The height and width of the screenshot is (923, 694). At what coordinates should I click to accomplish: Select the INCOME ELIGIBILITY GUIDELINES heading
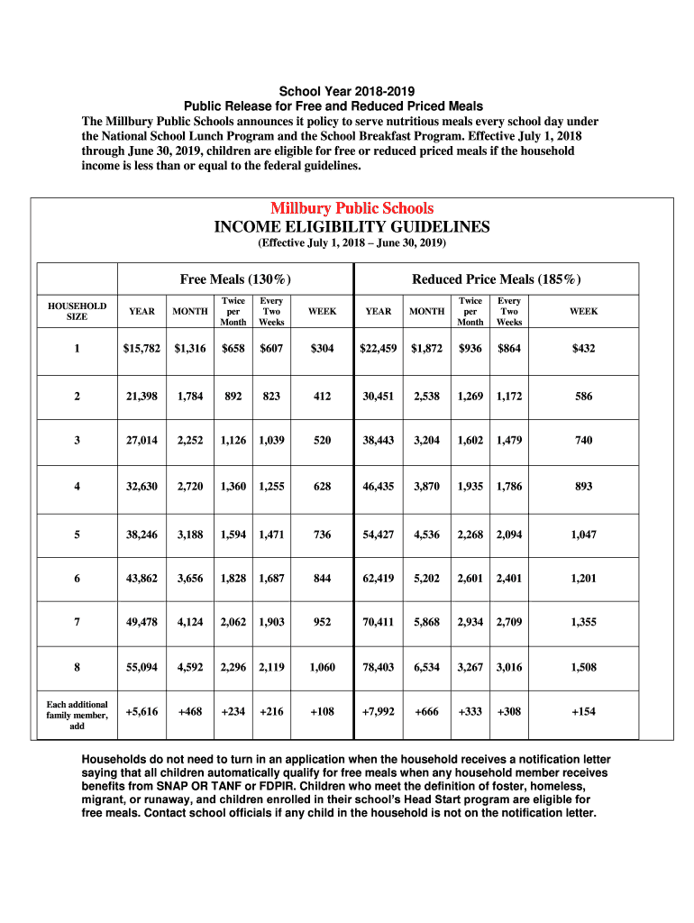pos(352,226)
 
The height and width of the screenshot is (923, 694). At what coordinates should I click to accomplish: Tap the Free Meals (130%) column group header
pos(235,279)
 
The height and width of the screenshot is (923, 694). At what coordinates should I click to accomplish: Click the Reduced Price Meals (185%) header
pos(497,279)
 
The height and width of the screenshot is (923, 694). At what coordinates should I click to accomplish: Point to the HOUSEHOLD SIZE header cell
pos(77,311)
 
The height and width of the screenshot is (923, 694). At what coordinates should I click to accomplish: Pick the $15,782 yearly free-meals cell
pos(142,348)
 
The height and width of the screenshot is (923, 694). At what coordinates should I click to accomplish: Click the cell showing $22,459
pos(379,348)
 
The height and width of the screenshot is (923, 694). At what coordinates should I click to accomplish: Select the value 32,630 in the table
pos(142,486)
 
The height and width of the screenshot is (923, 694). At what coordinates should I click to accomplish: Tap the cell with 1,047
pos(583,535)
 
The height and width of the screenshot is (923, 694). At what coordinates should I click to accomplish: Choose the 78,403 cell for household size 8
pos(379,668)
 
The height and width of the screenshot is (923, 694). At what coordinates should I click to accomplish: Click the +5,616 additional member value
pos(142,711)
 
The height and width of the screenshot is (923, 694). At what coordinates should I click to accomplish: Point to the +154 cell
pos(583,711)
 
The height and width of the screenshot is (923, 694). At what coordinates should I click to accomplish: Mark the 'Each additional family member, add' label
pos(77,715)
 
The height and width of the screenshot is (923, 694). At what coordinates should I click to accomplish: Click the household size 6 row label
pos(77,579)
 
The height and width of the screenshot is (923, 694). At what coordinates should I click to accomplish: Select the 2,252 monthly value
pos(190,440)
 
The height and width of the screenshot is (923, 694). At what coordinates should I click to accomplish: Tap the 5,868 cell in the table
pos(426,622)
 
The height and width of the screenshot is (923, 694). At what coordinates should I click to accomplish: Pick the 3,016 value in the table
pos(509,668)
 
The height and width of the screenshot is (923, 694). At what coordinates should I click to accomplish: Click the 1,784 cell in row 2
pos(190,397)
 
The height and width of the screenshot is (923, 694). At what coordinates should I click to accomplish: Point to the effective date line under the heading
pos(352,243)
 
